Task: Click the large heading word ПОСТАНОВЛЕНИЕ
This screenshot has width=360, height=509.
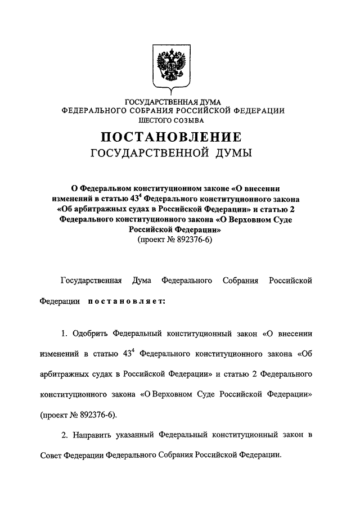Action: pyautogui.click(x=172, y=137)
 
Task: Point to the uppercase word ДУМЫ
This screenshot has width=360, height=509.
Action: pyautogui.click(x=232, y=153)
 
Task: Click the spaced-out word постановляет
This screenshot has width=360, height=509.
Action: pyautogui.click(x=125, y=301)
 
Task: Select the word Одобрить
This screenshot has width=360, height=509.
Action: pyautogui.click(x=91, y=334)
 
